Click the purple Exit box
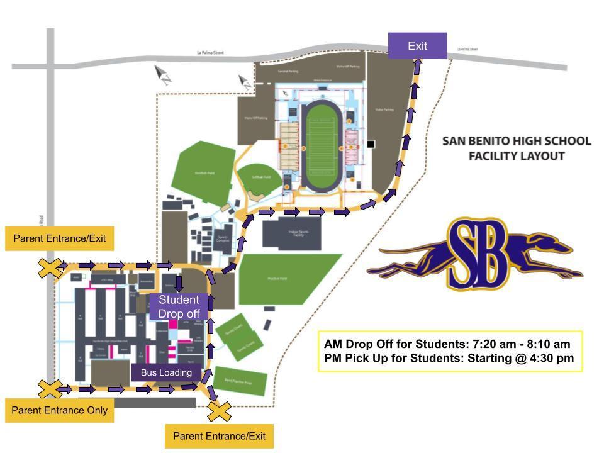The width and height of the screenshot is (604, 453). [x=417, y=46]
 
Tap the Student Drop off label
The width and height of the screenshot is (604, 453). [x=179, y=306]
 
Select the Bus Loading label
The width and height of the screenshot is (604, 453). [x=166, y=372]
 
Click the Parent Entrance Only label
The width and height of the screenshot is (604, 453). [x=60, y=410]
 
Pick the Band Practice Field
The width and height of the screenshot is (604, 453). [x=241, y=381]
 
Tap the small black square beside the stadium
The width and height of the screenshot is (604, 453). [x=371, y=144]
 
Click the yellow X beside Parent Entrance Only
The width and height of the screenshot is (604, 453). [x=49, y=389]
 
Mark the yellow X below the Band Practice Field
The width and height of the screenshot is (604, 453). [x=220, y=412]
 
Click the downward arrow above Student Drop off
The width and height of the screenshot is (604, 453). [x=179, y=283]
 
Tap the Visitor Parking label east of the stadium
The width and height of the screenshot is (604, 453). [x=384, y=109]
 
